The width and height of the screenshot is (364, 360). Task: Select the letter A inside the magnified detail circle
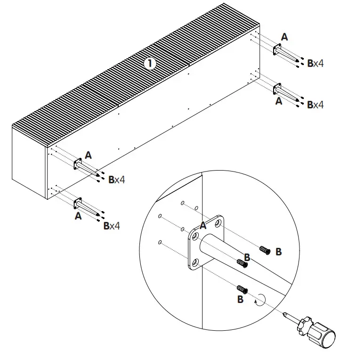coord(203,225)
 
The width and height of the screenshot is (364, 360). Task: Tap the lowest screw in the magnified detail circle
coord(243,288)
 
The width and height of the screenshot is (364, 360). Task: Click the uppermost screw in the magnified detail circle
coord(265,251)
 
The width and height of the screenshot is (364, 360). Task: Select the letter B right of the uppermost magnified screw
coord(278,252)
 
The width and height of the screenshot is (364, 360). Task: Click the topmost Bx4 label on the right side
coord(315,63)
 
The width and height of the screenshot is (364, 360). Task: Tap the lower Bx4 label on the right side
coord(315,105)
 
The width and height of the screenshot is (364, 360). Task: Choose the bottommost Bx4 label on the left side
coord(111,226)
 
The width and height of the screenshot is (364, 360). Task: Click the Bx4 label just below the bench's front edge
coord(116,180)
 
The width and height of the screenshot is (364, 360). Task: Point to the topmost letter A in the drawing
coord(284,37)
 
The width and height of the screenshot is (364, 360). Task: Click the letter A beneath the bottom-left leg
coord(78,216)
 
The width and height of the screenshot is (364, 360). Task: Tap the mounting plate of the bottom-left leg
coord(76,204)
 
